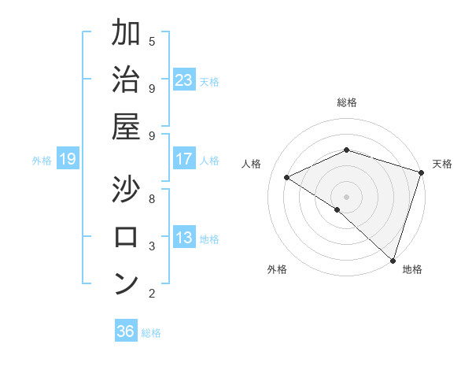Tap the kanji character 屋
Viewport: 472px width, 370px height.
126,128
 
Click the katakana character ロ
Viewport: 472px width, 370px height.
126,237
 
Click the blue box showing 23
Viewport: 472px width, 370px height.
184,80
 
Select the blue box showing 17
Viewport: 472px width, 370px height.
184,159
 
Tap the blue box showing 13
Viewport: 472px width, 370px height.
184,238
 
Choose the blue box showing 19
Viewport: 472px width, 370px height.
68,160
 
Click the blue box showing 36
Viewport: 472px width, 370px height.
126,331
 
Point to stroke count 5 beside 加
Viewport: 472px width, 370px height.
152,41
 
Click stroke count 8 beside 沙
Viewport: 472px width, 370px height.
152,198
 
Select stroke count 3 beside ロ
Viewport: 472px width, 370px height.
152,246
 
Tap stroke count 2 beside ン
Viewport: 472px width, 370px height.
152,294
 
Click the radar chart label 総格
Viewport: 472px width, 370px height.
347,102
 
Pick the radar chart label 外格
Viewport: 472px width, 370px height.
276,269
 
